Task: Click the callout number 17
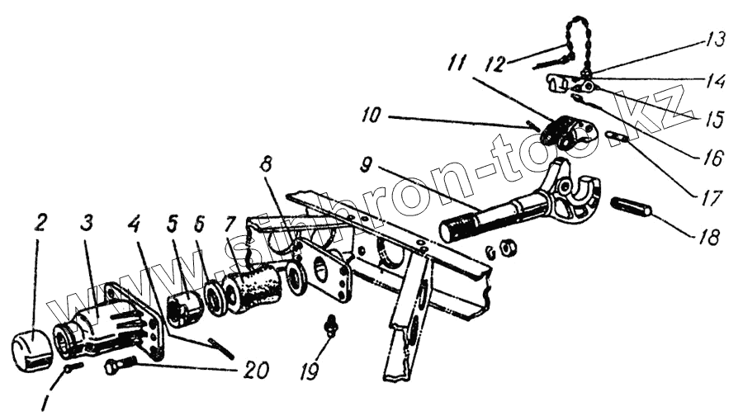click(x=711, y=198)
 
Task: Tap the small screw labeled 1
click(x=71, y=366)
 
